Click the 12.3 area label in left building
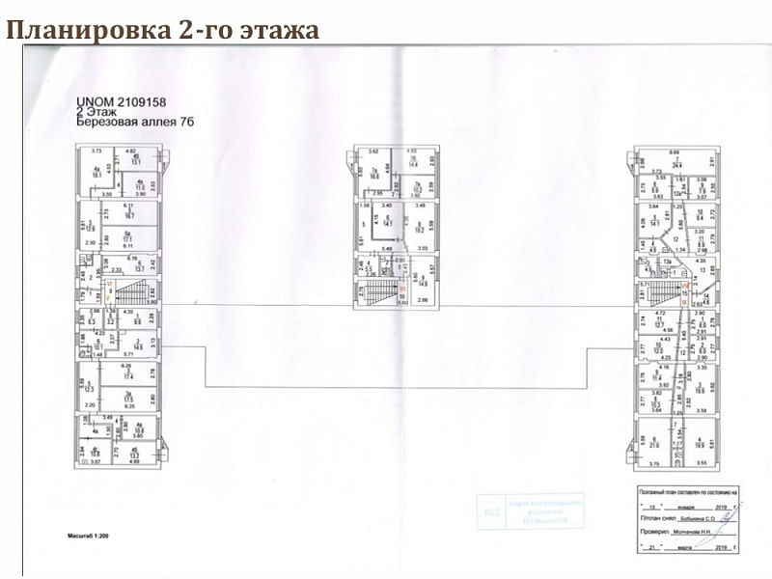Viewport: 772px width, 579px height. (88, 389)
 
